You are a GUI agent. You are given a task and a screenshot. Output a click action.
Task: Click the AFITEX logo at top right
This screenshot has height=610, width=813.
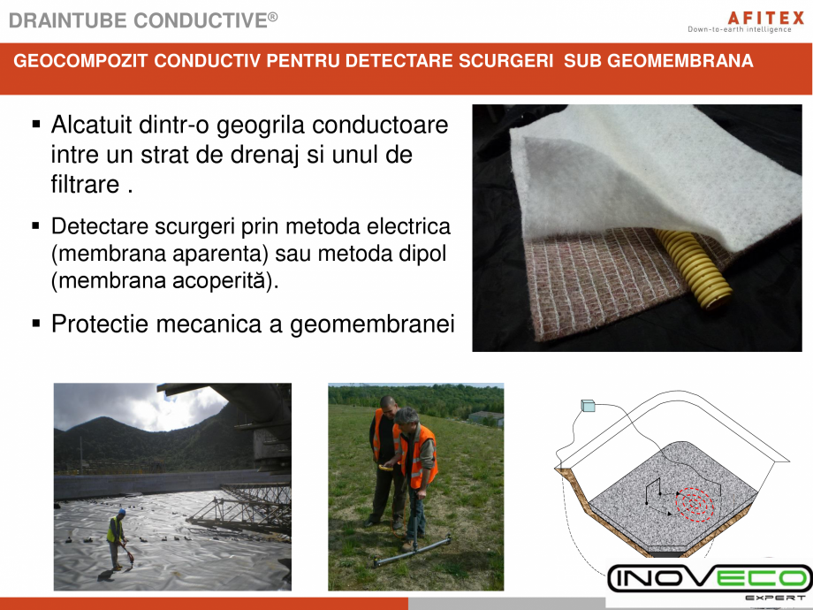(741, 16)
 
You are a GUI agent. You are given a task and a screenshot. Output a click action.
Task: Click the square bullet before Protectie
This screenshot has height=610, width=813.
(36, 324)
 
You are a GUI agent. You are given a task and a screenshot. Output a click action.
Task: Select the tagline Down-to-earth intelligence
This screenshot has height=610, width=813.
(740, 29)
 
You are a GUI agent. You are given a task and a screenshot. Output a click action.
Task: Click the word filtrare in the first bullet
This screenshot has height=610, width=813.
(85, 185)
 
